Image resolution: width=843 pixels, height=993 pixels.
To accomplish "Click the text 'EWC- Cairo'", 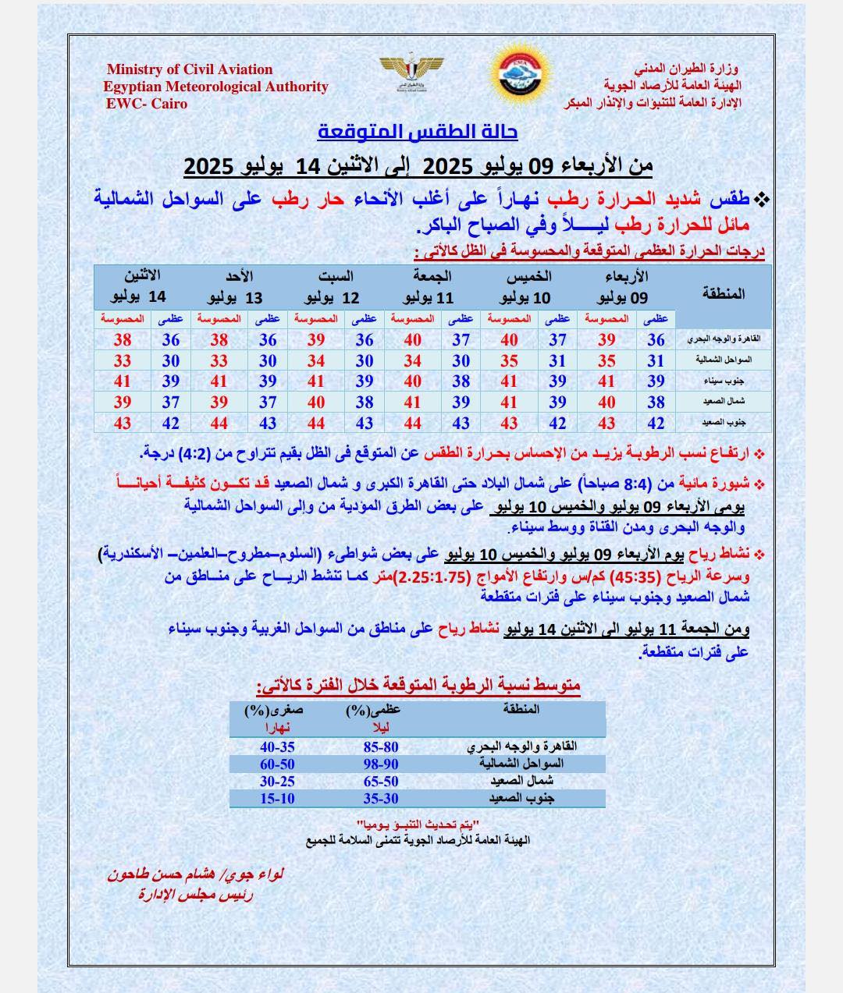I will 147,104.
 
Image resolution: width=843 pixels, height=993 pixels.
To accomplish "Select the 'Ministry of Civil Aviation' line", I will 190,69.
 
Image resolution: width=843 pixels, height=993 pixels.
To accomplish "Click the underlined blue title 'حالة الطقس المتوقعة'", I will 418,132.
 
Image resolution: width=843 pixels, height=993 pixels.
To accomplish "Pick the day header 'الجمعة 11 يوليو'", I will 429,287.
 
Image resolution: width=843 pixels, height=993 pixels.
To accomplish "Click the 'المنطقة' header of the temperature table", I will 724,293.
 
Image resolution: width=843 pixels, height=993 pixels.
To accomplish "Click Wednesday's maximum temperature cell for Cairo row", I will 656,339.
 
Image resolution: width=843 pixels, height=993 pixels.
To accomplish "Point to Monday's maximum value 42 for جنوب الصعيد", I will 171,423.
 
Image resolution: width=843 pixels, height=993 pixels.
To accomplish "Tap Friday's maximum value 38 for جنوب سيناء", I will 461,381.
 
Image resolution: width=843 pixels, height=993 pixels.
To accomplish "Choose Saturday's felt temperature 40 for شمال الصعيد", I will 316,403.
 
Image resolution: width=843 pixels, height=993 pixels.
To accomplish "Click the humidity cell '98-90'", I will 381,764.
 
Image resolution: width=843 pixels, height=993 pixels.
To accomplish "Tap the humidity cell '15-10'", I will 277,798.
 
